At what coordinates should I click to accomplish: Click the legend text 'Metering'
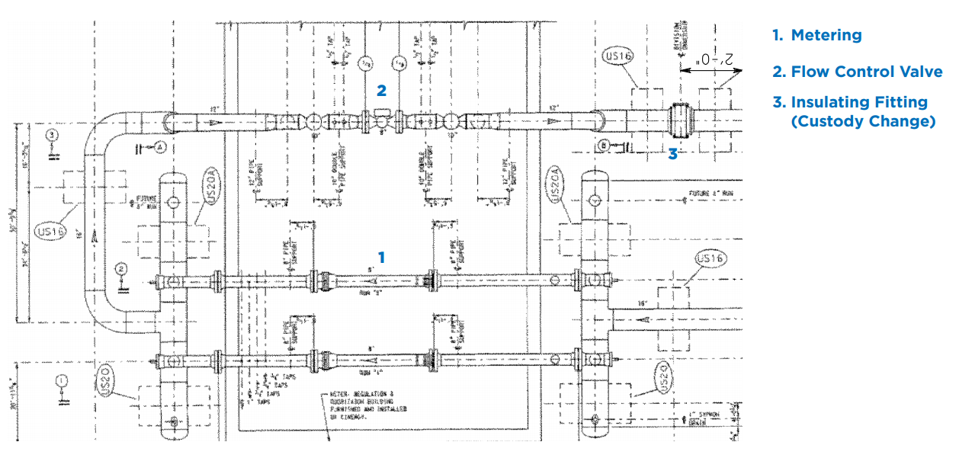[x=826, y=35]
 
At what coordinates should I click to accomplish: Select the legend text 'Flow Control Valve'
[x=866, y=72]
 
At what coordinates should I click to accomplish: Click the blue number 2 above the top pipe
[x=381, y=91]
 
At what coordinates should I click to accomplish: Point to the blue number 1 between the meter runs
[x=381, y=258]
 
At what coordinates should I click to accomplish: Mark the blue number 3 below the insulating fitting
[x=672, y=154]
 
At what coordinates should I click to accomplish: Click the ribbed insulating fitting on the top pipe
[x=678, y=121]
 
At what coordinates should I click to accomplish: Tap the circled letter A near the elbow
[x=160, y=148]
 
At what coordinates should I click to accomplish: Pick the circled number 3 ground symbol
[x=51, y=136]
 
